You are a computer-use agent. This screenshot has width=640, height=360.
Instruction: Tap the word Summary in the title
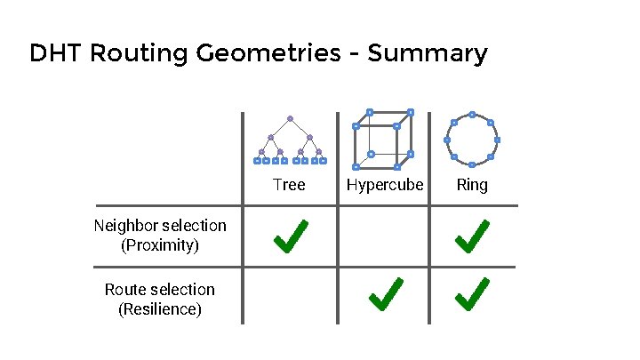[x=428, y=53]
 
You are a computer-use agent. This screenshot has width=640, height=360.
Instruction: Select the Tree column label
[x=289, y=185]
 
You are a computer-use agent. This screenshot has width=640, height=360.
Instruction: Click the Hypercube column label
[x=384, y=185]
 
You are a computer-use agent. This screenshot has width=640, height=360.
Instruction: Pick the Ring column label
[x=472, y=185]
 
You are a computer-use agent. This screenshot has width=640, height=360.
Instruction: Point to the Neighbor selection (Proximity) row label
[x=160, y=236]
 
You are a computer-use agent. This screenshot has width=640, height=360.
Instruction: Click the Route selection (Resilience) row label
[x=160, y=300]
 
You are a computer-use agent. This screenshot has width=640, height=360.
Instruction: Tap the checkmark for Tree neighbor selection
[x=290, y=236]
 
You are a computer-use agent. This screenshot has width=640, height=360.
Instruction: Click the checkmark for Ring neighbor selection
[x=471, y=236]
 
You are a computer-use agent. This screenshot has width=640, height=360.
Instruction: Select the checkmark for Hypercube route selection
[x=384, y=294]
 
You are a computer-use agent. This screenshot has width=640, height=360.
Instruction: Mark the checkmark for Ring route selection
[x=471, y=294]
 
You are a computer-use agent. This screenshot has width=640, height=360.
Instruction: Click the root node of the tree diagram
[x=290, y=118]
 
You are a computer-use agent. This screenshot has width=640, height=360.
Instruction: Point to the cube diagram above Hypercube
[x=383, y=140]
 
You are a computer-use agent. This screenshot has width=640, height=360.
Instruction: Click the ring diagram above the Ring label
[x=472, y=140]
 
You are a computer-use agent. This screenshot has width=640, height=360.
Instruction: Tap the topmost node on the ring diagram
[x=472, y=115]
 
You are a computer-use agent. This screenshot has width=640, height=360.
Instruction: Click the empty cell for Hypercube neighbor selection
[x=384, y=236]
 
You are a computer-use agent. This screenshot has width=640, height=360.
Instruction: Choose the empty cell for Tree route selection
[x=290, y=295]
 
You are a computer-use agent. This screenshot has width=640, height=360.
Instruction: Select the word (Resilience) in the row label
[x=160, y=309]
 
